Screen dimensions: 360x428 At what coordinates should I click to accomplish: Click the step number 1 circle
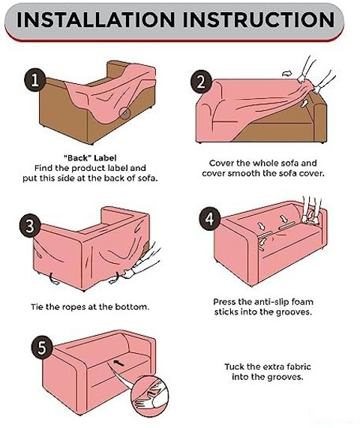(x=34, y=79)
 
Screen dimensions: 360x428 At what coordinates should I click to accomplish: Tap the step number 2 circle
(x=201, y=82)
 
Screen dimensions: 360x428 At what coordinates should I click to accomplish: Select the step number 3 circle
(x=30, y=226)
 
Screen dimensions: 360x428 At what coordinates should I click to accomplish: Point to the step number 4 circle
(x=209, y=218)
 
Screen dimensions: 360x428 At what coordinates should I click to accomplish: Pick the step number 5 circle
(x=41, y=348)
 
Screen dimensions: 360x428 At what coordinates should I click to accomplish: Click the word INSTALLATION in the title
(x=95, y=19)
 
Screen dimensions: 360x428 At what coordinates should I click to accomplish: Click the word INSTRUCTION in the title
(x=259, y=19)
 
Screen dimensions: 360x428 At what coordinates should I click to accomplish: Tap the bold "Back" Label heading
(x=90, y=158)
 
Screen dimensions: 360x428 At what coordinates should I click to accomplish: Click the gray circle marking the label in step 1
(x=124, y=112)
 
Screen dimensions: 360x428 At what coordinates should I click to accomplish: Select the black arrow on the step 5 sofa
(x=118, y=363)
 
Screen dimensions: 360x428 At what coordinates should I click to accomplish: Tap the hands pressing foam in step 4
(x=310, y=211)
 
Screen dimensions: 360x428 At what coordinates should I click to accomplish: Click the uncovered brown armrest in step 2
(x=319, y=119)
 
